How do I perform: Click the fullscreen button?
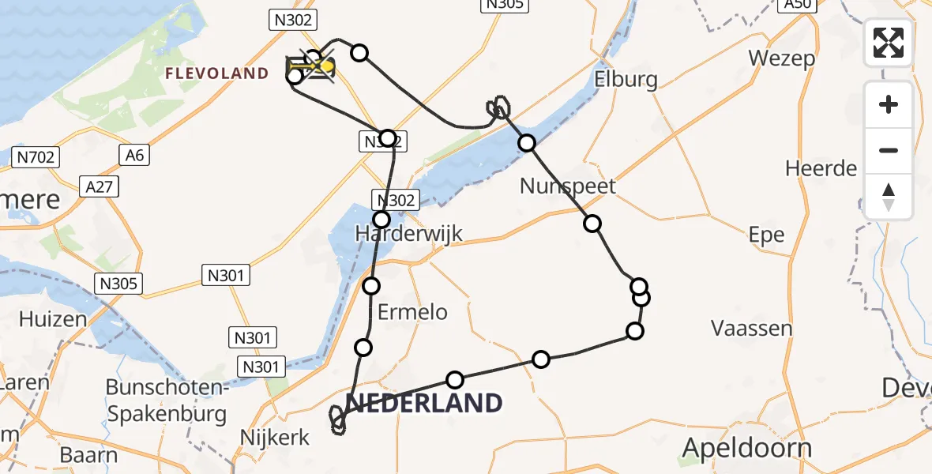pyautogui.click(x=889, y=42)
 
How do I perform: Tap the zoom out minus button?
pyautogui.click(x=889, y=150)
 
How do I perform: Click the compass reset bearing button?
pyautogui.click(x=889, y=197)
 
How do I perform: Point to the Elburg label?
pyautogui.click(x=626, y=80)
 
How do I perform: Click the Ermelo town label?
pyautogui.click(x=412, y=312)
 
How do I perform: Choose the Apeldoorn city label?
pyautogui.click(x=746, y=448)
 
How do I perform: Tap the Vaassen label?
pyautogui.click(x=751, y=327)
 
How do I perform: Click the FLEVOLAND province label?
pyautogui.click(x=216, y=73)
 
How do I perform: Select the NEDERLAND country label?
pyautogui.click(x=424, y=403)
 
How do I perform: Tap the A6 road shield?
pyautogui.click(x=135, y=156)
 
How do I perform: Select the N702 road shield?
pyautogui.click(x=36, y=157)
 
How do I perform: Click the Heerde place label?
pyautogui.click(x=821, y=168)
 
